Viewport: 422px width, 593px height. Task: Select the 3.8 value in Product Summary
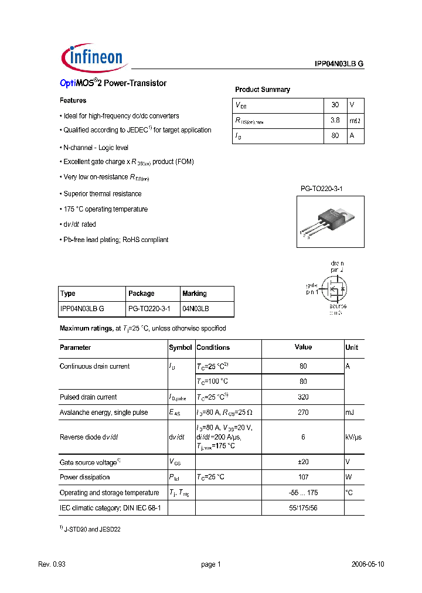pyautogui.click(x=335, y=120)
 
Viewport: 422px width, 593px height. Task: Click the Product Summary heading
pyautogui.click(x=263, y=90)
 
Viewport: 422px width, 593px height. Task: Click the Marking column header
pyautogui.click(x=195, y=294)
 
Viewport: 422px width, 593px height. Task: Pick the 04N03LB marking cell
pyautogui.click(x=196, y=308)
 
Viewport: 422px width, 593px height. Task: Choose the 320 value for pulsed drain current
pyautogui.click(x=303, y=397)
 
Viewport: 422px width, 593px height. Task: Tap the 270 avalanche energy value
pyautogui.click(x=303, y=413)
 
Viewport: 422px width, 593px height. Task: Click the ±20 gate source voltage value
pyautogui.click(x=303, y=462)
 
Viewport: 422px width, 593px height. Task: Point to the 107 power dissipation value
pyautogui.click(x=303, y=477)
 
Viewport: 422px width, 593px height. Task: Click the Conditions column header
pyautogui.click(x=213, y=347)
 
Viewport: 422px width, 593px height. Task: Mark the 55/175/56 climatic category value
pyautogui.click(x=303, y=507)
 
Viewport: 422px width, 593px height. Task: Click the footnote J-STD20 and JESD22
pyautogui.click(x=92, y=529)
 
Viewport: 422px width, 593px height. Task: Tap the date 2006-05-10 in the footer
pyautogui.click(x=368, y=564)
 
